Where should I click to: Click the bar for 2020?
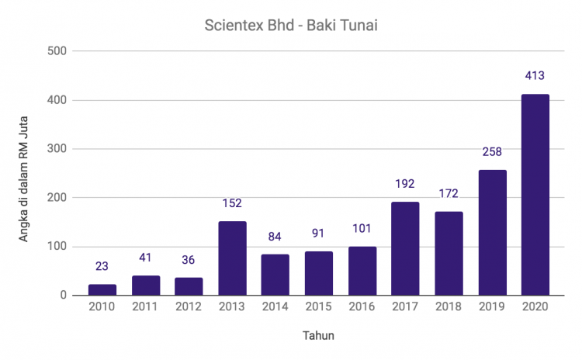pos(535,195)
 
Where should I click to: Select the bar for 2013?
pos(232,258)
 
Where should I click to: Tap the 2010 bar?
pos(102,289)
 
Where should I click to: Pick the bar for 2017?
pos(405,248)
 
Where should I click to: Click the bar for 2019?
pos(492,233)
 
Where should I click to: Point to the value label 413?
pos(535,76)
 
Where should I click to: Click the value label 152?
pos(232,203)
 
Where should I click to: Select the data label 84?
pos(275,237)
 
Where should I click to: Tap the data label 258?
pos(492,152)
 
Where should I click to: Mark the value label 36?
pos(189,260)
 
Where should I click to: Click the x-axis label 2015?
pos(319,308)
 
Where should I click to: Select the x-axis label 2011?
pos(146,308)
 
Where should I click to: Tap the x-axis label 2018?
pos(449,308)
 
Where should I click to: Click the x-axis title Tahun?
pos(319,336)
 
